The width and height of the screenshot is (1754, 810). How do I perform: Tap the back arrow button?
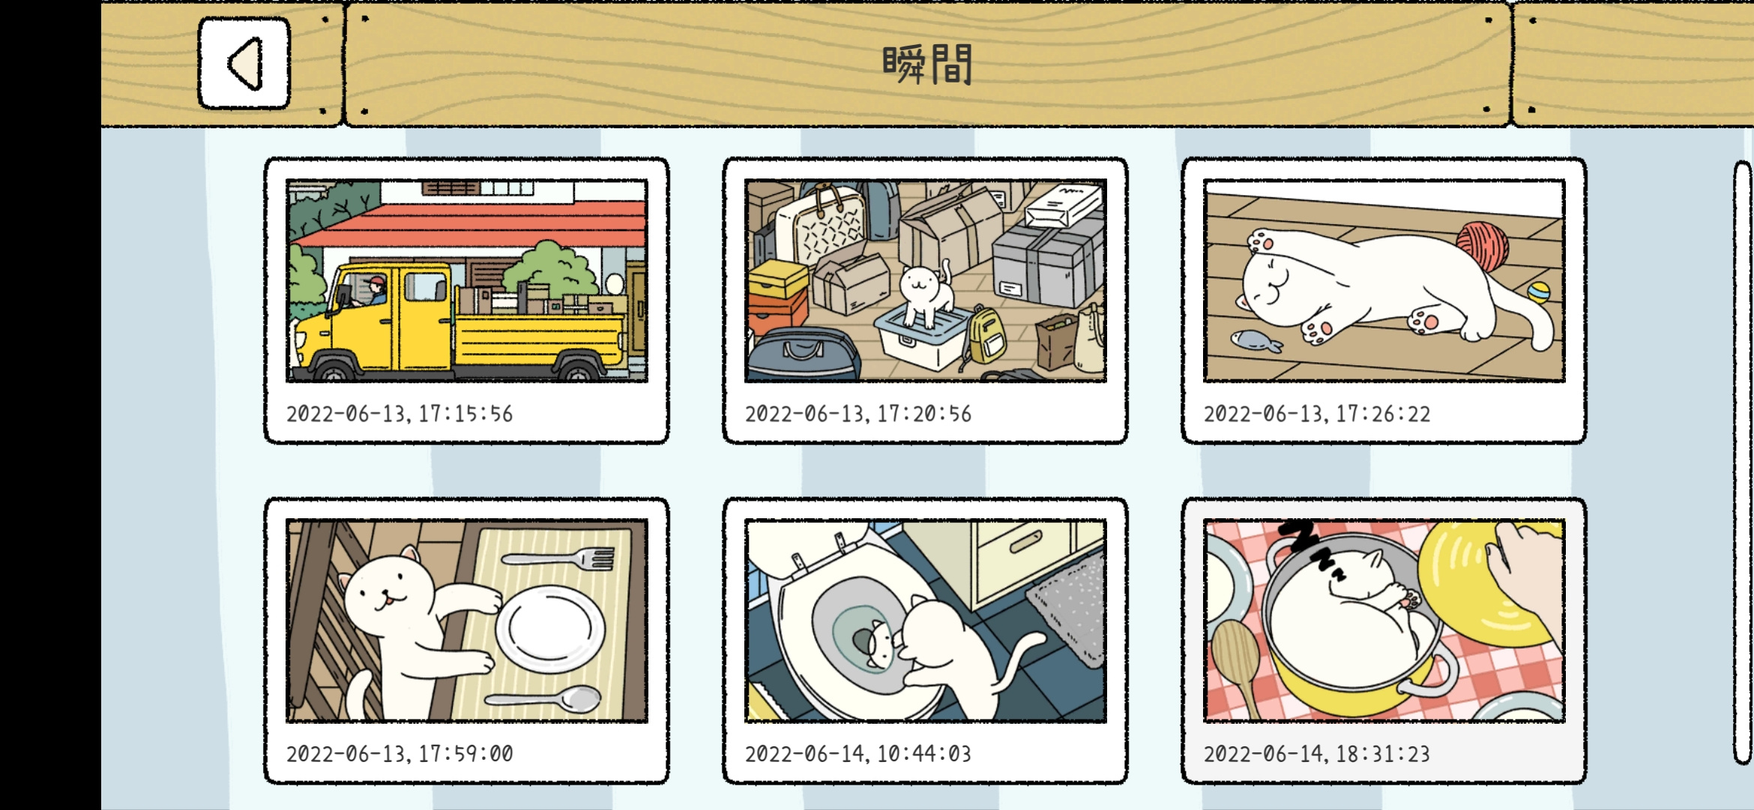tap(244, 64)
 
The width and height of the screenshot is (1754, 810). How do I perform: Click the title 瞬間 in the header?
tap(927, 64)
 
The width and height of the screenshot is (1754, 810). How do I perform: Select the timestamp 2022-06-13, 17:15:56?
tap(400, 414)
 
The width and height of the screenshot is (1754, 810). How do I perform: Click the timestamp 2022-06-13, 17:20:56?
tap(858, 414)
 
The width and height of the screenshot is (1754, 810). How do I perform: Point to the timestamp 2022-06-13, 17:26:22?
tap(1317, 414)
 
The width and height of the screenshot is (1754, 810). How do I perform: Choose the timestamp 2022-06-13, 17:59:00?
tap(400, 754)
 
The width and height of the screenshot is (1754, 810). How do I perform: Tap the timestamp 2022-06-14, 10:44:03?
tap(858, 754)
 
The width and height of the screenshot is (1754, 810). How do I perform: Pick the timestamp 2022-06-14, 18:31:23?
tap(1317, 754)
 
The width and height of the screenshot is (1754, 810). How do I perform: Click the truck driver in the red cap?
tap(376, 290)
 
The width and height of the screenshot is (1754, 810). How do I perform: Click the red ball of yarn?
tap(1482, 245)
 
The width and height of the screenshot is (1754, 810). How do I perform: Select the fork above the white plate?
tap(558, 559)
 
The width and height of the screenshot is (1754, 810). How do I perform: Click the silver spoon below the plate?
tap(543, 699)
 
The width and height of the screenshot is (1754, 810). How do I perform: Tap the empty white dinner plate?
tap(549, 628)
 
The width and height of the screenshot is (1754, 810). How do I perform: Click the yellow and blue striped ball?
tap(1538, 292)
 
